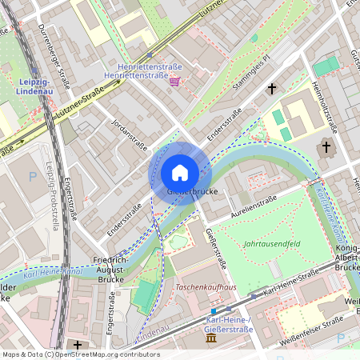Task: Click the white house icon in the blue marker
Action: [179, 172]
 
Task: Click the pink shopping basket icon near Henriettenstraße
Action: [174, 81]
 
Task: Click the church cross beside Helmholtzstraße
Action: [326, 146]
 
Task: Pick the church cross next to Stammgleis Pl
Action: [271, 88]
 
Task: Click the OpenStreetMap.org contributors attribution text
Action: [103, 354]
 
